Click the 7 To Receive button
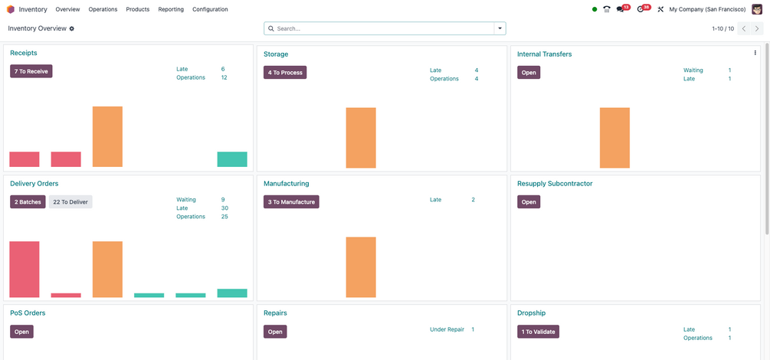(31, 71)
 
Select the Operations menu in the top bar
(103, 9)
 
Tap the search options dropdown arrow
(500, 28)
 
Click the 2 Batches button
(28, 201)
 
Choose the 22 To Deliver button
(70, 201)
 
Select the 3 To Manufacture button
(290, 201)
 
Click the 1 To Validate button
(538, 332)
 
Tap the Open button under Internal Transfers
(529, 73)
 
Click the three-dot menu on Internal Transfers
(755, 53)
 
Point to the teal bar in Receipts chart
(232, 159)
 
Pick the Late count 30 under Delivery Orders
(224, 208)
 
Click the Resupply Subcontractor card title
(555, 184)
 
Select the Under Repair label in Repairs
(447, 329)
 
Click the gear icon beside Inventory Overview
(72, 28)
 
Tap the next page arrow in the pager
(757, 28)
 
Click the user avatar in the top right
(757, 9)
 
